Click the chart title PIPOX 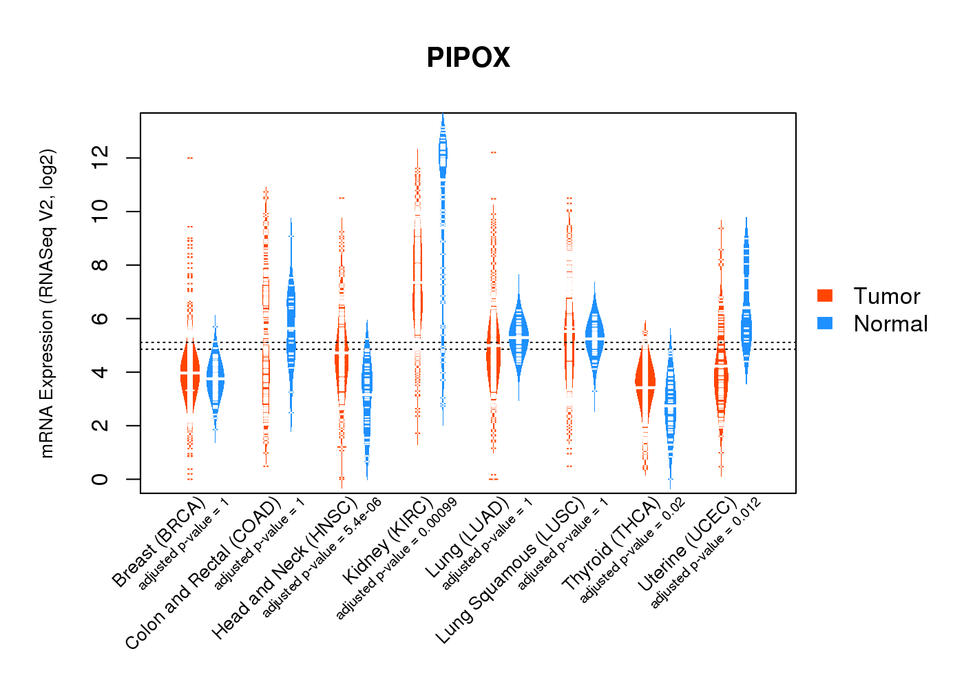point(468,58)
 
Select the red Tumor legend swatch point(825,296)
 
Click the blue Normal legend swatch point(825,323)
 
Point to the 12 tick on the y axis point(100,158)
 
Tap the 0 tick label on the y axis point(100,479)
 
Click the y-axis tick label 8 point(100,265)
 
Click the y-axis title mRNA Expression point(47,303)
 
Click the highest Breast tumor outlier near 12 point(189,158)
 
